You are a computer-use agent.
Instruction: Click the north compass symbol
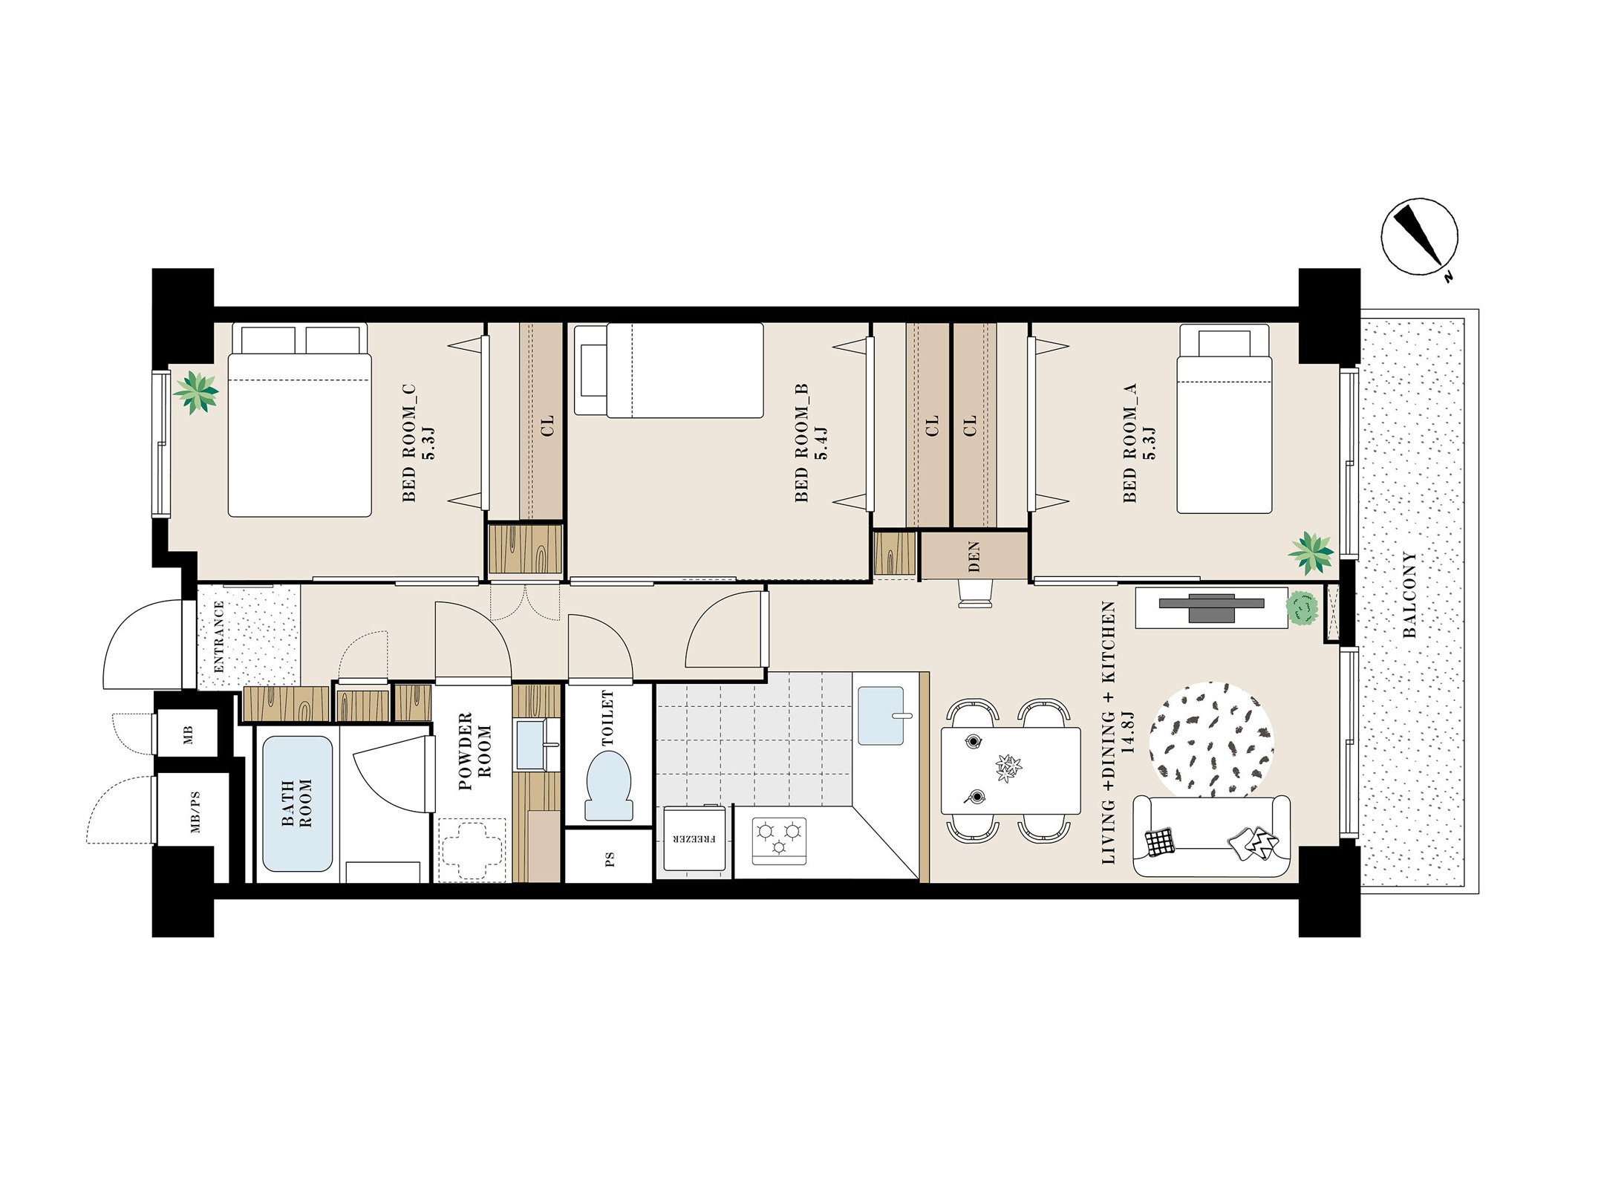pos(1419,237)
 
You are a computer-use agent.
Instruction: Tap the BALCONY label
pos(1409,595)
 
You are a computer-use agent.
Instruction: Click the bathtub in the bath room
pos(297,803)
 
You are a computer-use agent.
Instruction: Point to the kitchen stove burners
pos(779,841)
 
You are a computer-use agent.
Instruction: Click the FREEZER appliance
pos(694,838)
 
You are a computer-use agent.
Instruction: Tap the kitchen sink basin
pos(881,716)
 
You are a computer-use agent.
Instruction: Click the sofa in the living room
pos(1211,836)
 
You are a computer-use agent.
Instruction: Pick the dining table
pos(1011,771)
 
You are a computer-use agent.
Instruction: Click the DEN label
pos(974,556)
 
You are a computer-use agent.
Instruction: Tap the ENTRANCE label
pos(218,636)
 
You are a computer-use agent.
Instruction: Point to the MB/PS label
pos(195,812)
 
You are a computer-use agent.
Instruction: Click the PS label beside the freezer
pos(610,859)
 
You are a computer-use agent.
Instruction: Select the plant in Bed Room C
pos(196,392)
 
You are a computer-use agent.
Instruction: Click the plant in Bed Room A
pos(1311,552)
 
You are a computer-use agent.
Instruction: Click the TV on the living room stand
pos(1211,607)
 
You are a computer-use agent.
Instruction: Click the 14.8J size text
pos(1127,731)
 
